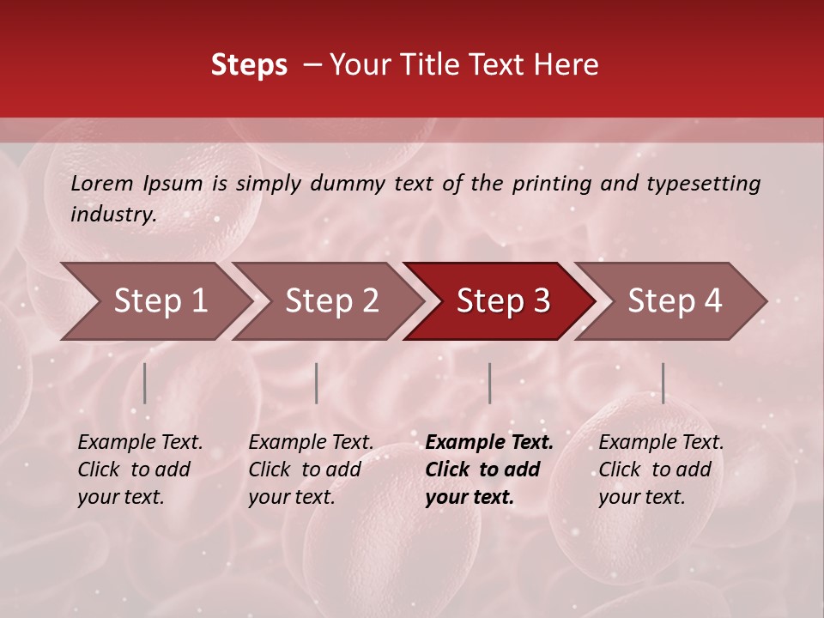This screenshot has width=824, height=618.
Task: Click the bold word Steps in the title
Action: pyautogui.click(x=249, y=65)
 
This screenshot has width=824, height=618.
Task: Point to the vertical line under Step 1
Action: pyautogui.click(x=145, y=383)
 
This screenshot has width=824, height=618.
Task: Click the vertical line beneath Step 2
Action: pyautogui.click(x=317, y=383)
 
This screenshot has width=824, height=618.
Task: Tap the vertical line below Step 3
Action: pyautogui.click(x=490, y=383)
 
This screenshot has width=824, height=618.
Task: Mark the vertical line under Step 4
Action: pyautogui.click(x=663, y=383)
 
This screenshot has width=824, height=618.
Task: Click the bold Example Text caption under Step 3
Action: pyautogui.click(x=488, y=470)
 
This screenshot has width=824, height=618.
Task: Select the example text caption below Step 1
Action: pyautogui.click(x=140, y=470)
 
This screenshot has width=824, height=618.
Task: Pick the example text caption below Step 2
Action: pyautogui.click(x=311, y=470)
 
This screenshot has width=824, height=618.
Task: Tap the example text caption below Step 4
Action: pyautogui.click(x=661, y=470)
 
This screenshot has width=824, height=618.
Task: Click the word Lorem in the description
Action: pyautogui.click(x=102, y=184)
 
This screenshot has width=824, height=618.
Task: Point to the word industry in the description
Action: pyautogui.click(x=113, y=215)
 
